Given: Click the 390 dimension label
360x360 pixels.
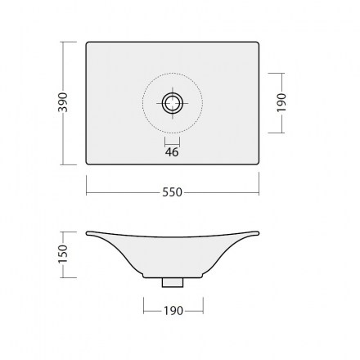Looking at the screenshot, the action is [x=63, y=102].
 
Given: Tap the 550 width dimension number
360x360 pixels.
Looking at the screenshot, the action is [x=172, y=192].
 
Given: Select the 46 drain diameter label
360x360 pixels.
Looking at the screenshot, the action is [x=172, y=152].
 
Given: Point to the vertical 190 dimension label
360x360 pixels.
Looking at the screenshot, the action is [x=281, y=102].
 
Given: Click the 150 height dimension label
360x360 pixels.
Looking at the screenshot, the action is [x=63, y=254].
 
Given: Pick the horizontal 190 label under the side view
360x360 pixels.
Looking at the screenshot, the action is [x=173, y=311].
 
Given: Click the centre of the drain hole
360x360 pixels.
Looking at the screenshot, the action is [x=173, y=103].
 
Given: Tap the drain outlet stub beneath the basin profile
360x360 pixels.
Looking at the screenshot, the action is [x=173, y=282].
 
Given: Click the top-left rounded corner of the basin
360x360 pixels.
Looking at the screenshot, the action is [x=88, y=43].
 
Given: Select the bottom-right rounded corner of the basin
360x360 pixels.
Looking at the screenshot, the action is [x=257, y=163].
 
